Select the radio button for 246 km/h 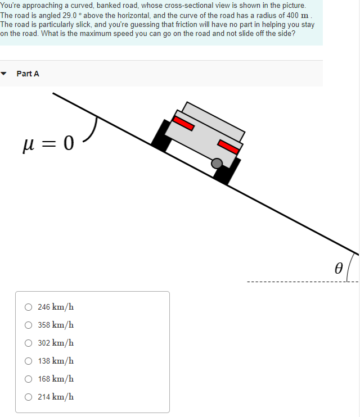(28, 307)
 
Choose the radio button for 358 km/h (28, 325)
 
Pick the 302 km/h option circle (28, 343)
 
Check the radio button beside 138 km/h (28, 361)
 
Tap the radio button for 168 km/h (28, 379)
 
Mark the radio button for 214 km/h (28, 397)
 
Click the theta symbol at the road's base (338, 268)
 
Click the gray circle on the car (217, 164)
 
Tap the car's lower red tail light (228, 147)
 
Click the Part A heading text (28, 74)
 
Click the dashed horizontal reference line (292, 281)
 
